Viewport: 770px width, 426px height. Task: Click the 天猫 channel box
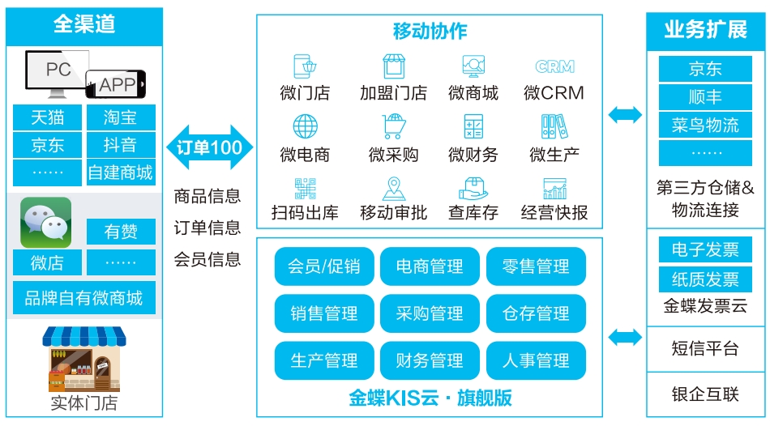click(47, 117)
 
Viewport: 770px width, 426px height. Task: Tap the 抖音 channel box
click(121, 145)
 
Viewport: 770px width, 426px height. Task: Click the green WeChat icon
click(45, 223)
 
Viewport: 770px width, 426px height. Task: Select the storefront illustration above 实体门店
click(84, 359)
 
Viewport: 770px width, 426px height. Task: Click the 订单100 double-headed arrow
click(210, 147)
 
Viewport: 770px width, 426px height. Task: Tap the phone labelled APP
click(116, 84)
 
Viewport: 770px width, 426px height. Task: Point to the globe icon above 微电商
click(305, 126)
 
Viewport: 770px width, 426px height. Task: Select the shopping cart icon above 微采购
click(394, 126)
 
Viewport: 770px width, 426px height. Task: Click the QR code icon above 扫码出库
click(305, 189)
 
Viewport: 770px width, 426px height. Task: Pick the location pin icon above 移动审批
click(394, 189)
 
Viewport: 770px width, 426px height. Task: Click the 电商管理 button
click(430, 266)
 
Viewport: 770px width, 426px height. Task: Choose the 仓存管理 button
click(536, 313)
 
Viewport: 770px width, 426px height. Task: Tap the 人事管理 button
click(536, 360)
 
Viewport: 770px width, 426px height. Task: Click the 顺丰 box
click(705, 96)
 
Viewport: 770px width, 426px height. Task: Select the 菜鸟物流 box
click(705, 126)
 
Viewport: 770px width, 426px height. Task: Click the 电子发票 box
click(705, 249)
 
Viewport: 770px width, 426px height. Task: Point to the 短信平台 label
click(705, 348)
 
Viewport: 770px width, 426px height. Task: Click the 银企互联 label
click(705, 394)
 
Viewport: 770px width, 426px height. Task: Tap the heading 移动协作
click(430, 31)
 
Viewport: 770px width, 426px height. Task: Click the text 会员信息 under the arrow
click(207, 259)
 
